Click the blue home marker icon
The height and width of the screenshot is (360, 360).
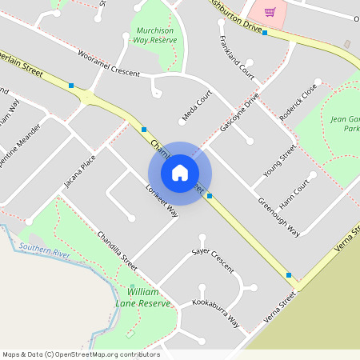point(180,173)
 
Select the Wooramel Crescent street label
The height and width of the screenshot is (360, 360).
point(109,63)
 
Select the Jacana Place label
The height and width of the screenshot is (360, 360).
point(79,170)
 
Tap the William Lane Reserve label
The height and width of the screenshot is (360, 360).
point(149,297)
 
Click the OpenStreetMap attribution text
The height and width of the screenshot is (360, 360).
point(81,354)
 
